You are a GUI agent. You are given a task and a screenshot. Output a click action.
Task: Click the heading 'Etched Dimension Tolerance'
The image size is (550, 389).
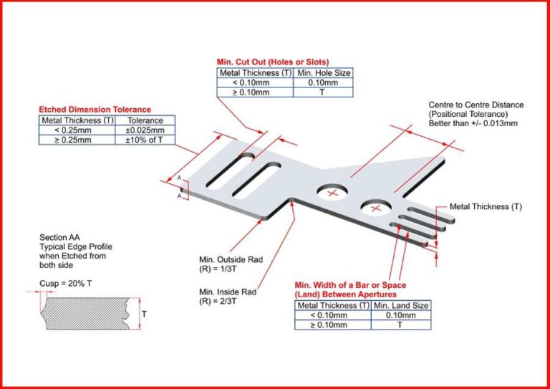(x=95, y=110)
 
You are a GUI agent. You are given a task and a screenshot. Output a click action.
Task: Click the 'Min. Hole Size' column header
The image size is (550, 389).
(x=324, y=73)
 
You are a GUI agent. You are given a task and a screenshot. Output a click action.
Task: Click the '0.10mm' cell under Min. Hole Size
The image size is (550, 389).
(x=324, y=83)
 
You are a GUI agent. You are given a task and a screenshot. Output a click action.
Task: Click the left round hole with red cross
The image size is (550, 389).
(x=331, y=193)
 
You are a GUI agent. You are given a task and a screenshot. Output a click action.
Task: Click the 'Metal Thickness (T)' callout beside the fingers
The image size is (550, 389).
(x=486, y=207)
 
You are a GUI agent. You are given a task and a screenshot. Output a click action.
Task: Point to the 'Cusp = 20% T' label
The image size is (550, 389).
(x=66, y=284)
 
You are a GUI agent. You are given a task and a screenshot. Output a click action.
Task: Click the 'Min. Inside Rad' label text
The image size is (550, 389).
(x=227, y=292)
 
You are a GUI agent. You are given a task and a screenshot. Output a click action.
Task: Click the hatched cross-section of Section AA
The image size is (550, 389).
(x=86, y=313)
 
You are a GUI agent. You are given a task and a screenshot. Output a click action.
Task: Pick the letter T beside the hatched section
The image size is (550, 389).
(x=144, y=314)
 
